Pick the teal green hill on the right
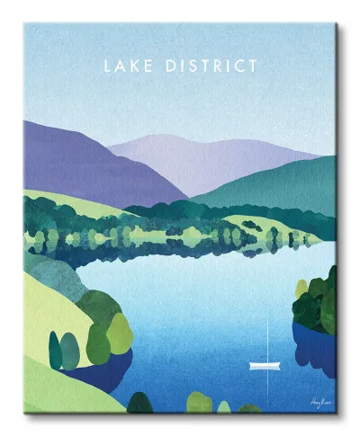(288, 184)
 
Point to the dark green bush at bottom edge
(142, 403)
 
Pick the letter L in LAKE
(108, 66)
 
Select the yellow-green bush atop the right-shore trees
(302, 288)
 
